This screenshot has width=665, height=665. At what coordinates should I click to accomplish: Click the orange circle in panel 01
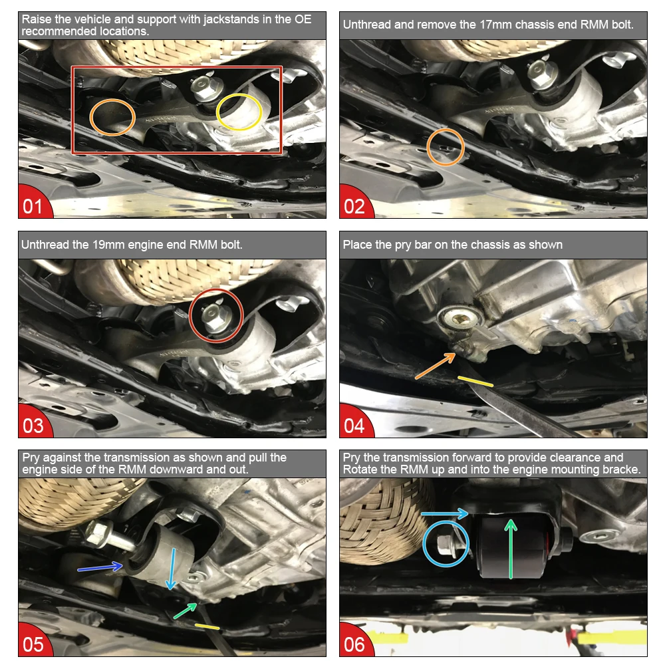(113, 118)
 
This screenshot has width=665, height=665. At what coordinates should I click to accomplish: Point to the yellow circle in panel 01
(240, 112)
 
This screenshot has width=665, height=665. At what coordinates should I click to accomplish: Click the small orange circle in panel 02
(446, 147)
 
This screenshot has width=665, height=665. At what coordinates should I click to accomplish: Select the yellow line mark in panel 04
(475, 380)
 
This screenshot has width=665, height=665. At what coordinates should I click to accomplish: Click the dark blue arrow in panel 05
(100, 566)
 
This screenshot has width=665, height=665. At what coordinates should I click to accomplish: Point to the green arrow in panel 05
(186, 610)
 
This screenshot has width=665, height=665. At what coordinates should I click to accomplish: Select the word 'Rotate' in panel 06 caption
(360, 469)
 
